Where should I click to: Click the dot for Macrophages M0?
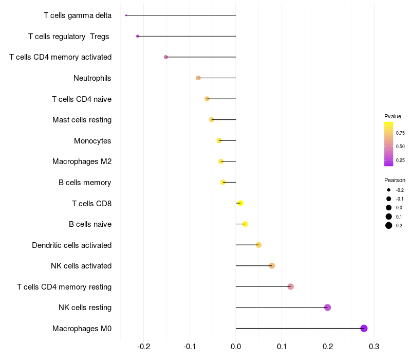pyautogui.click(x=364, y=328)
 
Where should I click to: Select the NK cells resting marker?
pyautogui.click(x=328, y=308)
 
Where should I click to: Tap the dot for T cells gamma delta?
pyautogui.click(x=126, y=15)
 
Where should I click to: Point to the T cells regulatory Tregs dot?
pyautogui.click(x=138, y=36)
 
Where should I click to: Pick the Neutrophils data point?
pyautogui.click(x=198, y=78)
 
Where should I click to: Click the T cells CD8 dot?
pyautogui.click(x=240, y=203)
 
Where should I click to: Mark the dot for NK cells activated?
pyautogui.click(x=272, y=266)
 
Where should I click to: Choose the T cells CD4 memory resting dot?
pyautogui.click(x=291, y=286)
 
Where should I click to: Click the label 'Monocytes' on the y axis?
pyautogui.click(x=92, y=141)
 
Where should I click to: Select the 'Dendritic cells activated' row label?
pyautogui.click(x=71, y=245)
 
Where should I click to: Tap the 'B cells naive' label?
pyautogui.click(x=90, y=224)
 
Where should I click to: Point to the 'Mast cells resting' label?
pyautogui.click(x=82, y=120)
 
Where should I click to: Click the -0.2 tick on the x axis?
pyautogui.click(x=144, y=346)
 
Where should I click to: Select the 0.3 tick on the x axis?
pyautogui.click(x=374, y=346)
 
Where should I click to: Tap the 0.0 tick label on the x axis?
pyautogui.click(x=236, y=346)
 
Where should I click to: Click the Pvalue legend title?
pyautogui.click(x=393, y=116)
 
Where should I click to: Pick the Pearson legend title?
pyautogui.click(x=395, y=180)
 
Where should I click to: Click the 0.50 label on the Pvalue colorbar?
pyautogui.click(x=400, y=147)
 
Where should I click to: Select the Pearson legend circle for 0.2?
pyautogui.click(x=389, y=225)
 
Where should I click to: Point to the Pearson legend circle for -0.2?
pyautogui.click(x=389, y=190)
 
